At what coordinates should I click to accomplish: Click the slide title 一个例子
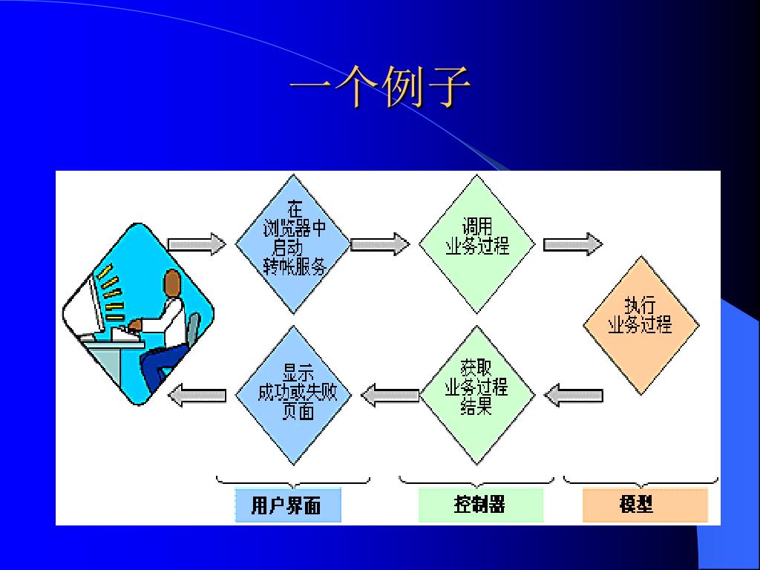pos(379,88)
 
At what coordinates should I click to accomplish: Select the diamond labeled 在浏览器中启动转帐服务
pos(292,243)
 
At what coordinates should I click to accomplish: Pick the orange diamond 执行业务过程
pos(641,323)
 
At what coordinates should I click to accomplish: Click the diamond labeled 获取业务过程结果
pos(476,394)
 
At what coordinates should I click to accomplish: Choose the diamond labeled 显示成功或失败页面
pos(292,394)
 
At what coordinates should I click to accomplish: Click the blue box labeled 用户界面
pos(287,505)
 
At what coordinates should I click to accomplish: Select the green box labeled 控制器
pos(480,505)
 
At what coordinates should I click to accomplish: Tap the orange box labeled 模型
pos(644,505)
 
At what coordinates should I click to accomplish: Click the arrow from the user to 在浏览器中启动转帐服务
pos(197,243)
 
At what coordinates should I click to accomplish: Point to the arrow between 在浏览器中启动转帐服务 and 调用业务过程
pos(379,243)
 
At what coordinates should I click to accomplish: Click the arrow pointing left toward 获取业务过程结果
pos(573,395)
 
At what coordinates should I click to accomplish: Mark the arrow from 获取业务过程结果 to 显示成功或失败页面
pos(390,395)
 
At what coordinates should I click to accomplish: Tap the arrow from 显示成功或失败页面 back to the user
pos(197,395)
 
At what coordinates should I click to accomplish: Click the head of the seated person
pos(172,283)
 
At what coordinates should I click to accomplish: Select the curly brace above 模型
pos(641,481)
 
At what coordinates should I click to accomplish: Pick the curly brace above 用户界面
pos(292,481)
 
